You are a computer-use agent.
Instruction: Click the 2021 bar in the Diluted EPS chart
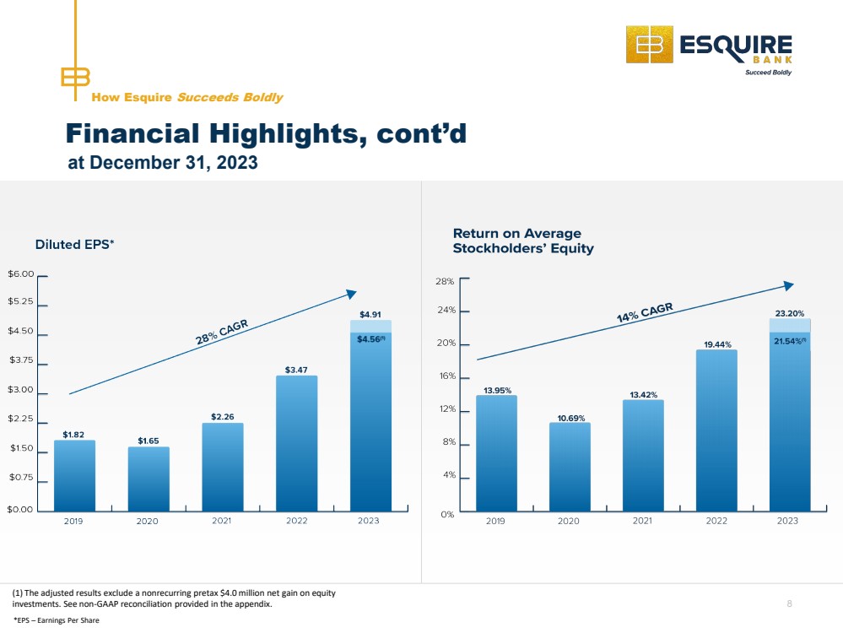223,467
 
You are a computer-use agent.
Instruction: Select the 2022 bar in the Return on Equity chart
716,430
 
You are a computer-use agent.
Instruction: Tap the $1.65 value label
149,441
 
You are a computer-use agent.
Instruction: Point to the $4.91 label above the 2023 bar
370,315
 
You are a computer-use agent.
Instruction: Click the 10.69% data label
571,419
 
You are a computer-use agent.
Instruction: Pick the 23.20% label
790,313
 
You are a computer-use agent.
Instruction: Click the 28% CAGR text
221,332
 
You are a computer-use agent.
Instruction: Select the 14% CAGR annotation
645,312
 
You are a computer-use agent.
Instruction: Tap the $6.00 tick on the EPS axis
21,274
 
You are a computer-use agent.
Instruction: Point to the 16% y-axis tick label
447,376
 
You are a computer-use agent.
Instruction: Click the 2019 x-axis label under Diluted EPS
73,521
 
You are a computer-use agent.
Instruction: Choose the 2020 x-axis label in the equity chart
569,521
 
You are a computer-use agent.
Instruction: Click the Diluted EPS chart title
75,245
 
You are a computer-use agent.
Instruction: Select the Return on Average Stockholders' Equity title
523,241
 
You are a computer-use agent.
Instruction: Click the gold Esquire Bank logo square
650,45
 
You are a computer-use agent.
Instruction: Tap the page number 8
789,603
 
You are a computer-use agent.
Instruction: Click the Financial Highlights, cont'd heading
266,133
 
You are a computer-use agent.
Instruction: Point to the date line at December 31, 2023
163,162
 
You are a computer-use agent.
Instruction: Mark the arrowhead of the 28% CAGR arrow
352,294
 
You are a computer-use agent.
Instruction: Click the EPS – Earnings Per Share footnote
57,620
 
